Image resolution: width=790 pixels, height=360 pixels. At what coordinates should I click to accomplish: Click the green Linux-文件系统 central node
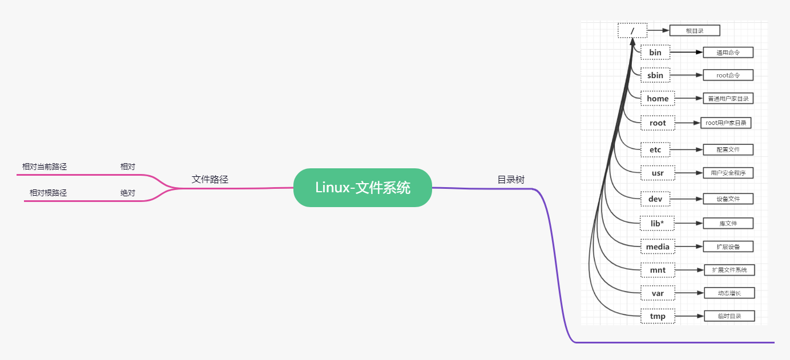[x=362, y=188]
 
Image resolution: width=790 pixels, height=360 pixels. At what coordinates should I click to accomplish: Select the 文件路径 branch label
[x=210, y=179]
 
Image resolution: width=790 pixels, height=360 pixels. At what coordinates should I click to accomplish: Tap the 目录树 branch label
[x=511, y=180]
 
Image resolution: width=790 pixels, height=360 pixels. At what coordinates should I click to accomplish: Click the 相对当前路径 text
[x=45, y=167]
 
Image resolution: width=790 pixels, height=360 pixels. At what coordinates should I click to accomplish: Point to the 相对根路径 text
[x=48, y=193]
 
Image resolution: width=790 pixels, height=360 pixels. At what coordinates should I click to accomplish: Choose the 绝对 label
[x=128, y=193]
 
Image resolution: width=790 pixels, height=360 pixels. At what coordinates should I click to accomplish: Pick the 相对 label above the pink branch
[x=128, y=167]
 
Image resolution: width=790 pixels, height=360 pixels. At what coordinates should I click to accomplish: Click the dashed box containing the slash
[x=632, y=30]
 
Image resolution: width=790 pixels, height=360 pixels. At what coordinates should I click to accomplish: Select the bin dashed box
[x=655, y=52]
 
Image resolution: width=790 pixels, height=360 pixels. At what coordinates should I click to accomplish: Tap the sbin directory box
[x=655, y=75]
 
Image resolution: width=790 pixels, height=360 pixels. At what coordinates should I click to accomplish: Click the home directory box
[x=658, y=99]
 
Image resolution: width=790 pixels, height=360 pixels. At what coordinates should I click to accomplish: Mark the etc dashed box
[x=655, y=150]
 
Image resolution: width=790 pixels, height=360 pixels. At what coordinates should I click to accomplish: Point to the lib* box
[x=658, y=223]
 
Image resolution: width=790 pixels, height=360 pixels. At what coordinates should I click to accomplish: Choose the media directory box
[x=658, y=247]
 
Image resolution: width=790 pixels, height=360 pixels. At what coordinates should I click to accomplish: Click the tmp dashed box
[x=658, y=316]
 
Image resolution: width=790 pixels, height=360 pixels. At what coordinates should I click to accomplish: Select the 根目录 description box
[x=695, y=30]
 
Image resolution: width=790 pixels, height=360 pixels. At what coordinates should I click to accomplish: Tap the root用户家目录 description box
[x=725, y=123]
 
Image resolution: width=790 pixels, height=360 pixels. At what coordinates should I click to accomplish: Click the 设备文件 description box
[x=728, y=199]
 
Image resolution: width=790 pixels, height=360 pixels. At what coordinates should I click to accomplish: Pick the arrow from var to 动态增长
[x=688, y=293]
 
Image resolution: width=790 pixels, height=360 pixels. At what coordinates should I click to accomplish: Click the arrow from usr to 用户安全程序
[x=688, y=173]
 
